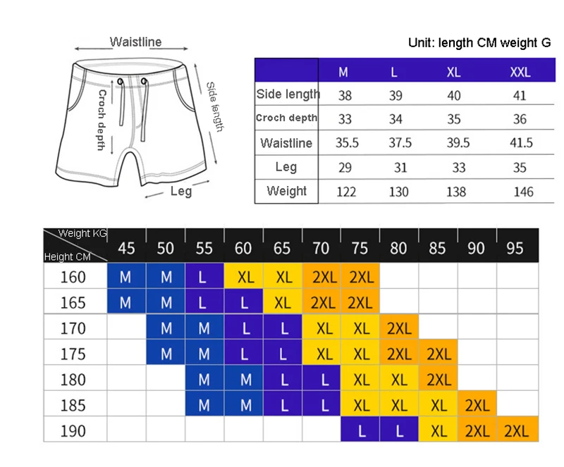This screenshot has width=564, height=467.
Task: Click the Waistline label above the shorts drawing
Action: point(135,42)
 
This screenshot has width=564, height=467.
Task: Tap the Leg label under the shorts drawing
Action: point(181,191)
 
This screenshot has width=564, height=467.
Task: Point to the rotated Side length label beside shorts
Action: point(215,107)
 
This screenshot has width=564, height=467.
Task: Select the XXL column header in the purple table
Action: point(520,73)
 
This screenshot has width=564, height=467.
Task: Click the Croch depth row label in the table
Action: point(287,118)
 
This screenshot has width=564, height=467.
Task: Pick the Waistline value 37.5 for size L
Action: point(400,143)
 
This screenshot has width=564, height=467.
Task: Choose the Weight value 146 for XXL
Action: point(523,192)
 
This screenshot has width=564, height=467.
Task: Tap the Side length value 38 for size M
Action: point(345,95)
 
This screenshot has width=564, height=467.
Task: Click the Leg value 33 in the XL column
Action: point(459,168)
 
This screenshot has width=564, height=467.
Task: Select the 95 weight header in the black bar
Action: point(515,248)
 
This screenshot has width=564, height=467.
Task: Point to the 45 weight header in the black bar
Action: point(127,248)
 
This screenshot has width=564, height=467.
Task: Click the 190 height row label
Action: point(73,430)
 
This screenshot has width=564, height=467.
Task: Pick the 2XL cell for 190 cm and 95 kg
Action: point(517,429)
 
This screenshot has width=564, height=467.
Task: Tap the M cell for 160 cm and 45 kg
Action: point(127,275)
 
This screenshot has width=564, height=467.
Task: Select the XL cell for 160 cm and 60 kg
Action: point(244,275)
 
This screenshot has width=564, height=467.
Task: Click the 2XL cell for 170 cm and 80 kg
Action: point(399,327)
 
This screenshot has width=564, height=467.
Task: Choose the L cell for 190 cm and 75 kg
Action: point(360,429)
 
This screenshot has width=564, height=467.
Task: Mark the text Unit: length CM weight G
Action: point(479,43)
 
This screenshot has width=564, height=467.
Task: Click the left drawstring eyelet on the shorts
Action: point(120,82)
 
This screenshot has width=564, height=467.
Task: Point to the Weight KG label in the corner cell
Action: point(82,233)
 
